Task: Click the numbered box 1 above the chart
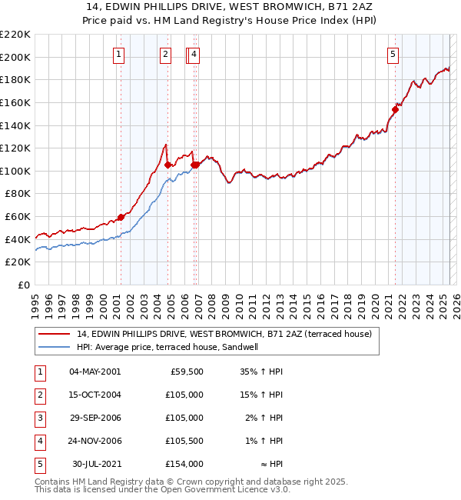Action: point(120,55)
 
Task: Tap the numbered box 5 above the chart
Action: point(393,55)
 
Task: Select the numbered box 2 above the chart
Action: point(165,55)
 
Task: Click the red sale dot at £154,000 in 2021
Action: point(395,109)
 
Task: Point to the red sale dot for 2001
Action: point(121,217)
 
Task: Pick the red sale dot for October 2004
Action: point(167,165)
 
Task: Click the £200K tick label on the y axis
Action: point(15,57)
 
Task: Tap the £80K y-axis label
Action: point(18,194)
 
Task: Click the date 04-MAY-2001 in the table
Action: point(95,372)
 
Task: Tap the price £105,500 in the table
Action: point(185,441)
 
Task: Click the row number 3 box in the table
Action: point(39,418)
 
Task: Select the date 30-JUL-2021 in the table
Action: point(96,464)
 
